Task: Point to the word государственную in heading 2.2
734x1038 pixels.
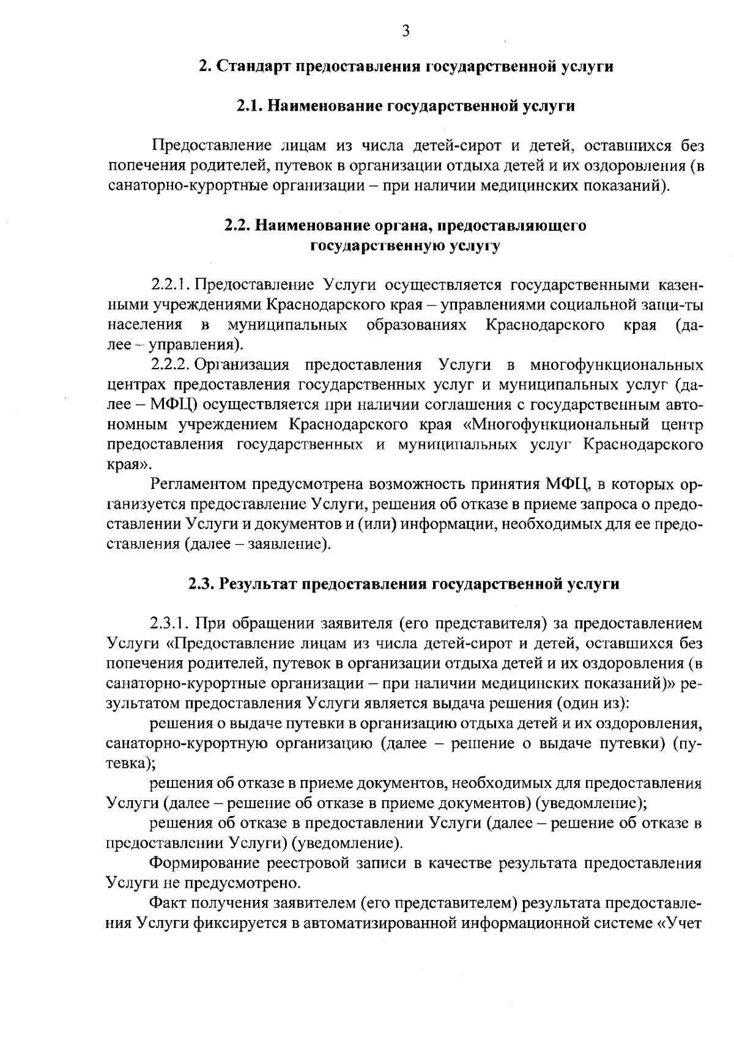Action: coord(379,246)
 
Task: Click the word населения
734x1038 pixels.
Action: coord(144,325)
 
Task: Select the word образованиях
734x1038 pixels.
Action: coord(417,325)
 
